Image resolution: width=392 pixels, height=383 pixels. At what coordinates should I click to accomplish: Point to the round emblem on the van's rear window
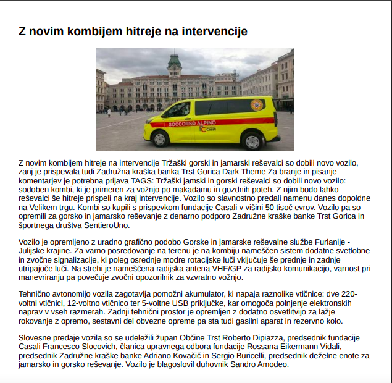tap(256, 105)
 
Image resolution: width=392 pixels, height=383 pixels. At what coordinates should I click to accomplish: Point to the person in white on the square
tap(109, 112)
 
